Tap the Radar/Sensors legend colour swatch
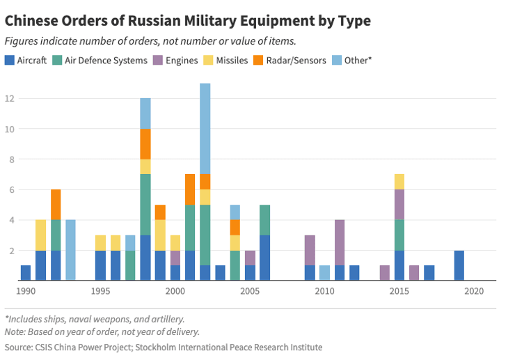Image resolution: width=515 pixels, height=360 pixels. pos(257,61)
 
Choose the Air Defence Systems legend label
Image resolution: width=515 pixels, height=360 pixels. pos(105,61)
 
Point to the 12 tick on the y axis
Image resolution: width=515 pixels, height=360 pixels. pos(10,99)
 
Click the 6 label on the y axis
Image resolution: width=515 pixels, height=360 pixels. pos(10,190)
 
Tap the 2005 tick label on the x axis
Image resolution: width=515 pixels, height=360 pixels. pos(250,290)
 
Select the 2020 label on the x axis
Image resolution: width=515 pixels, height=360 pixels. pos(474,290)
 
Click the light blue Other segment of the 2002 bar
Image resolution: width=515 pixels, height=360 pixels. pos(205,128)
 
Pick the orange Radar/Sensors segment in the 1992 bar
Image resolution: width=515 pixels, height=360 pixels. pos(56,205)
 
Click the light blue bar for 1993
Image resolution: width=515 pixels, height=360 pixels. pos(70,250)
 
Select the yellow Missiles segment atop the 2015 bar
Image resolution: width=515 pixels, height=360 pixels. pos(399,182)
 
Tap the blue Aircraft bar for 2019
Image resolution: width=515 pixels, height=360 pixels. pos(459,265)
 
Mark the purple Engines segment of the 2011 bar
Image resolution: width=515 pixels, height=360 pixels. pos(339,242)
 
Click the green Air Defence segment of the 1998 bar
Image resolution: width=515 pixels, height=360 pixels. pos(145,205)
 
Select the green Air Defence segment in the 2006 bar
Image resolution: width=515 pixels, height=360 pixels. pos(264,220)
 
